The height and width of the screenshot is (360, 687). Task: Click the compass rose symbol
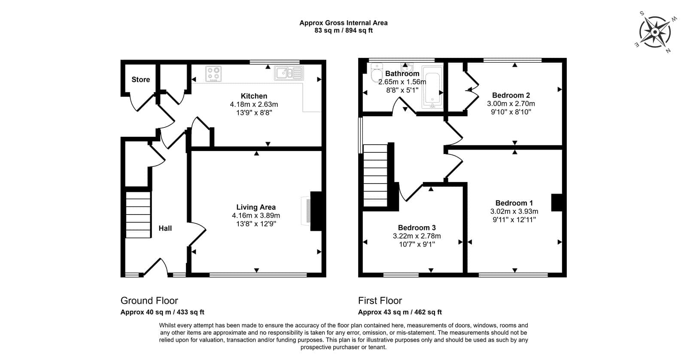coord(655,32)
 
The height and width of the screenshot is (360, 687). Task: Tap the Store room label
coord(141,80)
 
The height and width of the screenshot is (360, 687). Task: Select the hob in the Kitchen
coord(213,74)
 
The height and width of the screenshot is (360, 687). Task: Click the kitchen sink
coord(289,73)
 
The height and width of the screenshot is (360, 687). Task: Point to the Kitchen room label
coord(254,96)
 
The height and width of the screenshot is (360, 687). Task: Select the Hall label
coord(165,228)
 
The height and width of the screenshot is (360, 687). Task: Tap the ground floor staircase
coord(138,215)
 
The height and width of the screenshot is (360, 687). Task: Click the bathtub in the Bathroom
coord(432,87)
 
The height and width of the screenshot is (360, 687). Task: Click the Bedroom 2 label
coord(511,95)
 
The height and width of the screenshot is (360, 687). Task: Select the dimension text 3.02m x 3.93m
coord(514,212)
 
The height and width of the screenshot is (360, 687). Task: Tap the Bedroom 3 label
coord(417,228)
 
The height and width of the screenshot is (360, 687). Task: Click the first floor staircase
coord(375,175)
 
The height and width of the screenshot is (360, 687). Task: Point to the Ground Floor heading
coord(149,300)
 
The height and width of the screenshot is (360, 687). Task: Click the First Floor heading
coord(380,300)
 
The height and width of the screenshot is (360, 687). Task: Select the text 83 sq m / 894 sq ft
coord(343,30)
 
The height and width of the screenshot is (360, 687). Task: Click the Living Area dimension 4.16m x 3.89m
coord(256,216)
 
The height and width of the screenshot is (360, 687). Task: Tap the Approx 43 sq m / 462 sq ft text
coord(400,312)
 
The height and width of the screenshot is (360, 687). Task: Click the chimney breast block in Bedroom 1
coord(557,203)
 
